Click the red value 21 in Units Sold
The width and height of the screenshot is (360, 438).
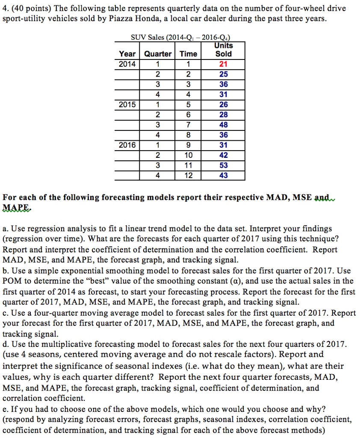coord(223,64)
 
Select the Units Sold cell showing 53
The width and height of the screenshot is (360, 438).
coord(223,165)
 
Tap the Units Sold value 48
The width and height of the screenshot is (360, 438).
coord(223,125)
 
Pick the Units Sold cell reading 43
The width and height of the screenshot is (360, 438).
coord(223,175)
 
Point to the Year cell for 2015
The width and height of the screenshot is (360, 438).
coord(127,105)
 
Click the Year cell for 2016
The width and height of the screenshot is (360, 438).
coord(127,145)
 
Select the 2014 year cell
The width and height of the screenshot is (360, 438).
coord(127,64)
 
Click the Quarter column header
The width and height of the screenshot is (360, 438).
coord(158,54)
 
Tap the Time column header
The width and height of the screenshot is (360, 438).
coord(188,54)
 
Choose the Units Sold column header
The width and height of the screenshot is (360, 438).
coord(223,50)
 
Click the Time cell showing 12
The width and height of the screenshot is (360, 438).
coord(188,175)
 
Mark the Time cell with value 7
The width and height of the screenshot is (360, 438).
coord(188,125)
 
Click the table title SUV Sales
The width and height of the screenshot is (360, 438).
coord(179,37)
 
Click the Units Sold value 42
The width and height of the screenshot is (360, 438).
coord(223,155)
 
